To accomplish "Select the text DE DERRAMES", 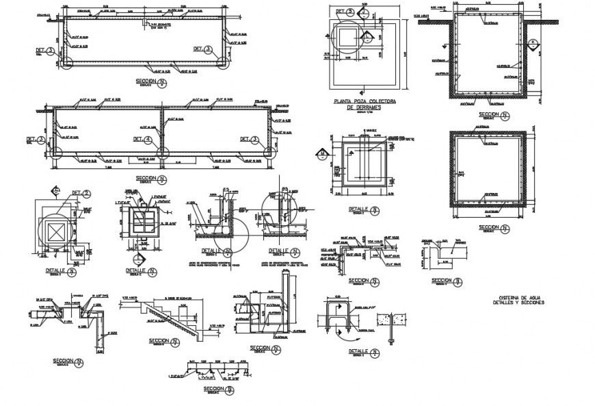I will pos(362,108).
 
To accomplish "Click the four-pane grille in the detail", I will pos(142,224).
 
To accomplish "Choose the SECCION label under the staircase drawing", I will pos(159,340).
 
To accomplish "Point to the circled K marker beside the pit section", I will pos(533,42).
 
